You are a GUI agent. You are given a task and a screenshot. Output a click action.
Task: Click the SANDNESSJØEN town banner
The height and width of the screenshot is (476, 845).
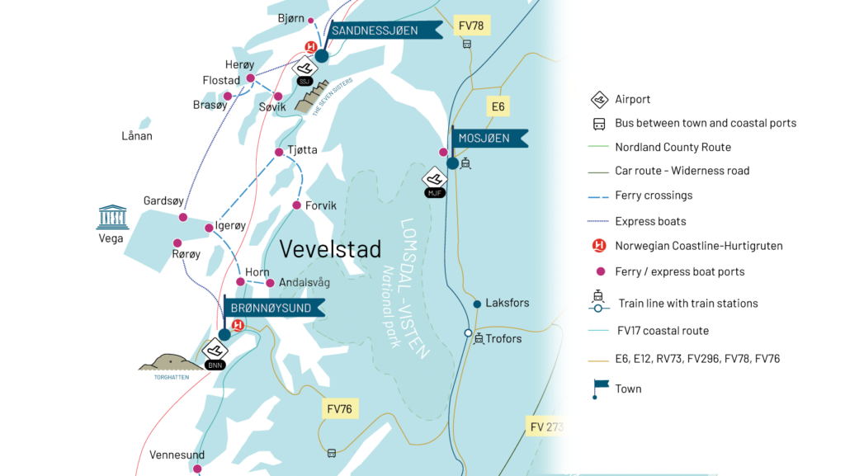coord(375,31)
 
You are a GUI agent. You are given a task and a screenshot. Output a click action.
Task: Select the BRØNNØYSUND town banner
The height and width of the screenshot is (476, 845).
coord(271,308)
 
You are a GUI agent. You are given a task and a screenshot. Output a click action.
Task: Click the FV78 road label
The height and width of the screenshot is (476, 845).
coord(470,26)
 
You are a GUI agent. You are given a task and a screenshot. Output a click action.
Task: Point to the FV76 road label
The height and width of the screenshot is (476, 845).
coord(339,408)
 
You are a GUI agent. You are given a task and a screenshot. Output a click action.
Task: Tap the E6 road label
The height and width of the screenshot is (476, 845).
coord(498,106)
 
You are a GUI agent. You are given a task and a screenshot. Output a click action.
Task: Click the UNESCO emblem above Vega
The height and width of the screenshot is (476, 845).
coord(112,217)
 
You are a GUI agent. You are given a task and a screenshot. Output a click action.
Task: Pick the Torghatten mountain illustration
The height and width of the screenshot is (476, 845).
coord(171,361)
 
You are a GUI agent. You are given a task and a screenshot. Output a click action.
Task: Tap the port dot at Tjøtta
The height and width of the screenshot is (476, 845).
coord(279,152)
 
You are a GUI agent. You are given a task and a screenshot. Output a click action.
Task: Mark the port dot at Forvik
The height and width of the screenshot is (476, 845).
coord(296,205)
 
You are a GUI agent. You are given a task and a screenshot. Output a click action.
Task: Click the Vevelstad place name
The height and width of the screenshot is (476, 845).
coord(330,248)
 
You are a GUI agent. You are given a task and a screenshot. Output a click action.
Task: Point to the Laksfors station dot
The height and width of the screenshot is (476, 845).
coord(477,304)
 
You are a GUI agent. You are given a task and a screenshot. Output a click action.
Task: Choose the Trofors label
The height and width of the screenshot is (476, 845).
coord(503,338)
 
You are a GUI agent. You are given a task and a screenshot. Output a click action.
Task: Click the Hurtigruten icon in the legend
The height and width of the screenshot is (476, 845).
coord(600,246)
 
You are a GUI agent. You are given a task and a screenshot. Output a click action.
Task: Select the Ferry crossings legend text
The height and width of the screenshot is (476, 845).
coord(654,196)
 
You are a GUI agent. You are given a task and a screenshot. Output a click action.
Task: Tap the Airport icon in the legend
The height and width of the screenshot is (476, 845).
coord(600,100)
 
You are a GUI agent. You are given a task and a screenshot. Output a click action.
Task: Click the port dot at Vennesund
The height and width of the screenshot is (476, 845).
coord(196,469)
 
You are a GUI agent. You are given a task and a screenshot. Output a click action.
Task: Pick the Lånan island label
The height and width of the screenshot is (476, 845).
coord(137,136)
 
